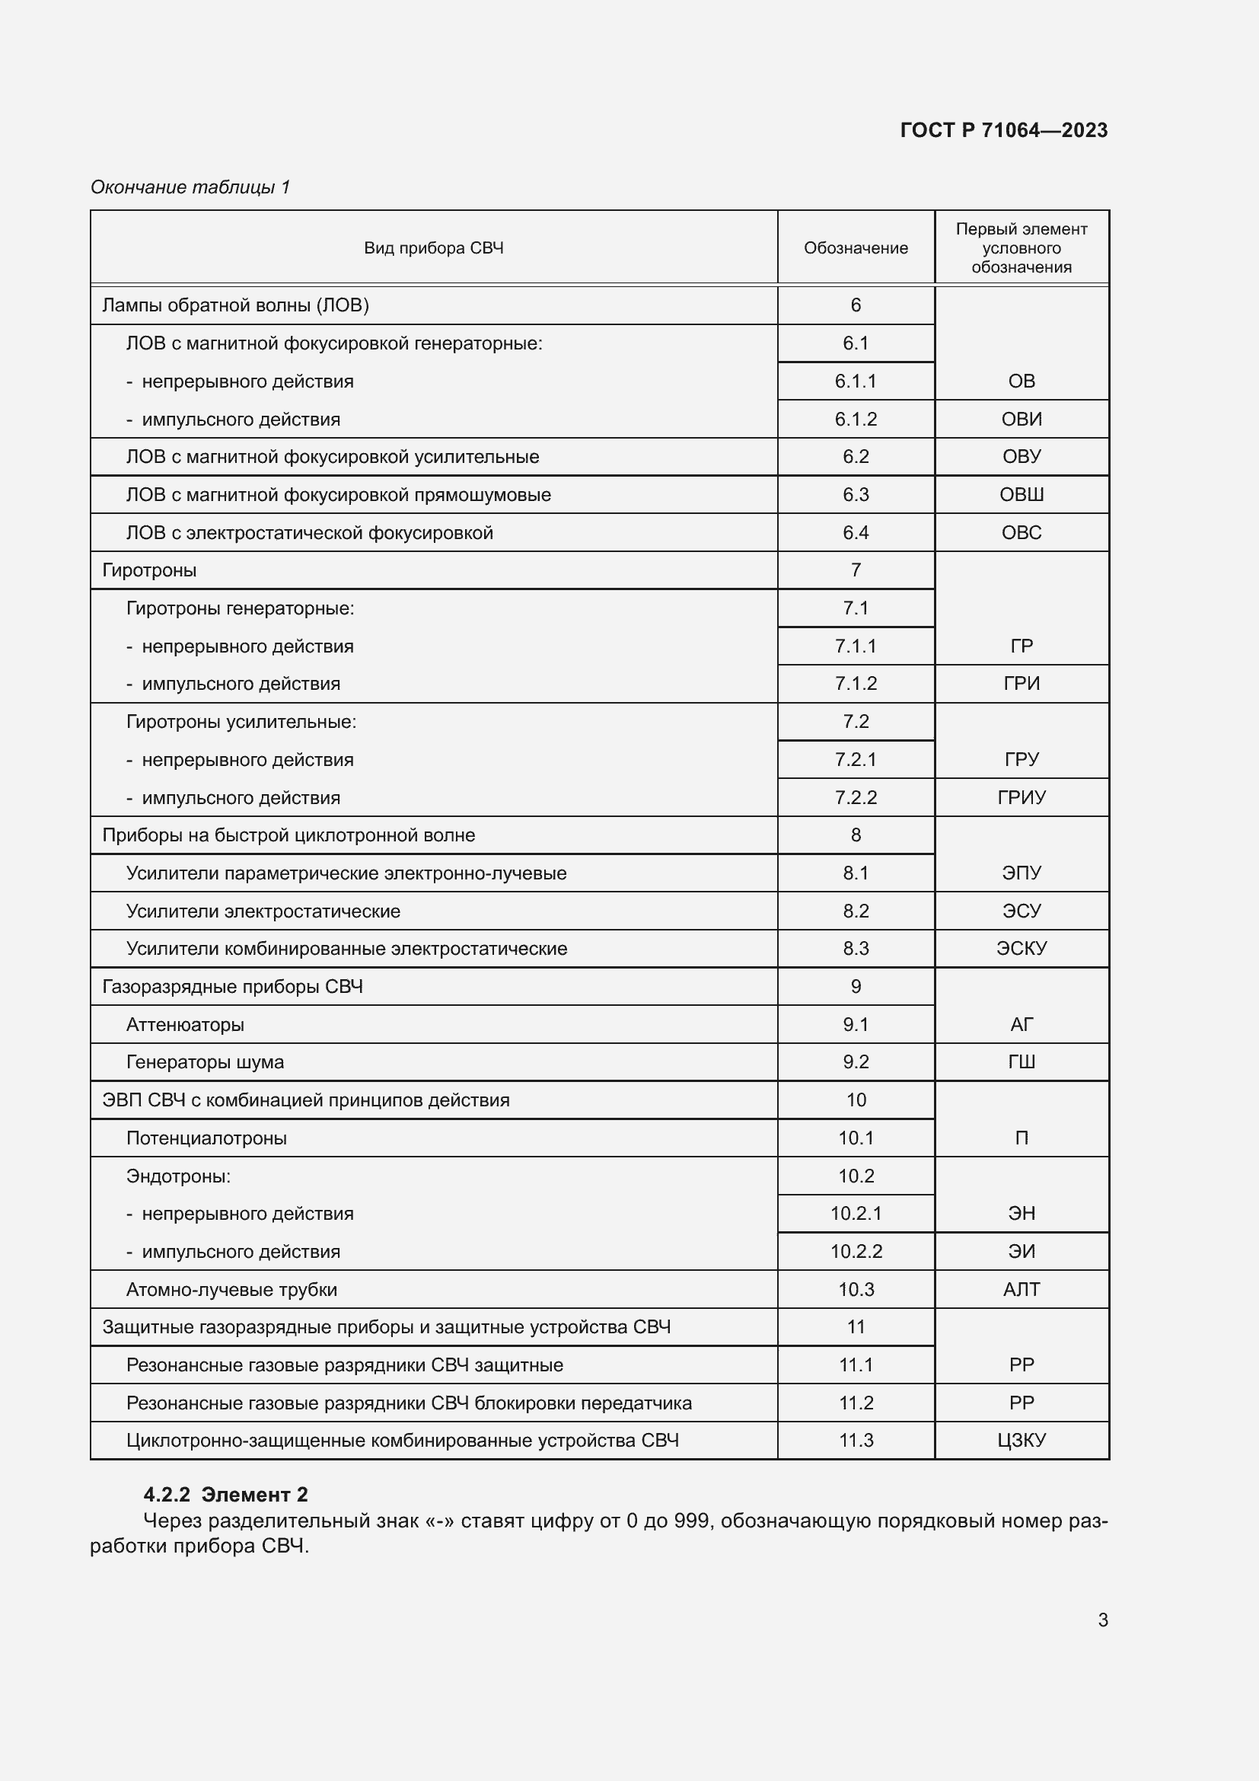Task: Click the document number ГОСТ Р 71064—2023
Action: coord(1003,130)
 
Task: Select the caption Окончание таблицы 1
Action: coord(190,187)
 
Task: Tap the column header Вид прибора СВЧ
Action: coord(433,248)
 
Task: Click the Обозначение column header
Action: coord(855,248)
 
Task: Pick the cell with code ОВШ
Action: coord(1021,495)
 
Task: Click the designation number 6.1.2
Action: coord(855,420)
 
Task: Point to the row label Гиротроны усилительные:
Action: coord(241,722)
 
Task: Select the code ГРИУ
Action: coord(1021,797)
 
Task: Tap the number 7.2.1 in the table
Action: coord(855,759)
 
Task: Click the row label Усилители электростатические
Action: coord(263,911)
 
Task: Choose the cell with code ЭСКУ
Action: coord(1021,949)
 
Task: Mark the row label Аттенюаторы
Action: coord(184,1025)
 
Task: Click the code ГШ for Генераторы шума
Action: coord(1021,1062)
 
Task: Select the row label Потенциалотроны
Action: coord(206,1138)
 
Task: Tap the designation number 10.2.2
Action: coord(855,1251)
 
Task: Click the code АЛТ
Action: coord(1021,1289)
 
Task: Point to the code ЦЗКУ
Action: coord(1021,1441)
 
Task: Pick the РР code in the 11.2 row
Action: coord(1021,1403)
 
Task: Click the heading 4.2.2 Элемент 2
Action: coord(225,1495)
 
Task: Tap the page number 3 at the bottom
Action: coord(1102,1620)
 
